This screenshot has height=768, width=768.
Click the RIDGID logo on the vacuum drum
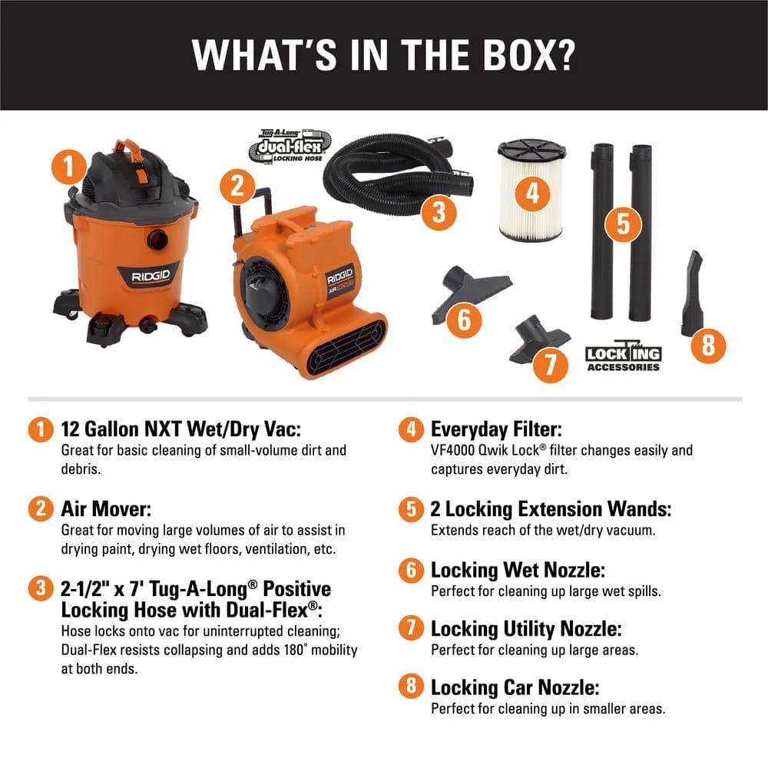150,276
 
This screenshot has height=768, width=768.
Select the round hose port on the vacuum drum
157,239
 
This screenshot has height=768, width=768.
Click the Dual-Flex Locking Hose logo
290,147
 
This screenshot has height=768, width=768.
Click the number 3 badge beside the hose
439,212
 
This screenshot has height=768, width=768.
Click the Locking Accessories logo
623,356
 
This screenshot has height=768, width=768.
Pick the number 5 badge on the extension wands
623,223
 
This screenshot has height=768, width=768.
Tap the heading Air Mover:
106,509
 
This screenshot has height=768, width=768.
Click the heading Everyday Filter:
496,429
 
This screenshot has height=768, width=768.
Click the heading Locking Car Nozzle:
515,687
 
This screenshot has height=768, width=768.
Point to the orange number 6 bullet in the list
411,570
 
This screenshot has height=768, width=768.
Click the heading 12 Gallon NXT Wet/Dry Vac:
180,429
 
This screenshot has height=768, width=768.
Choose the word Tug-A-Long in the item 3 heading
203,589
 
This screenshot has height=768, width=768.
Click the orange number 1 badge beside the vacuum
69,167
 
